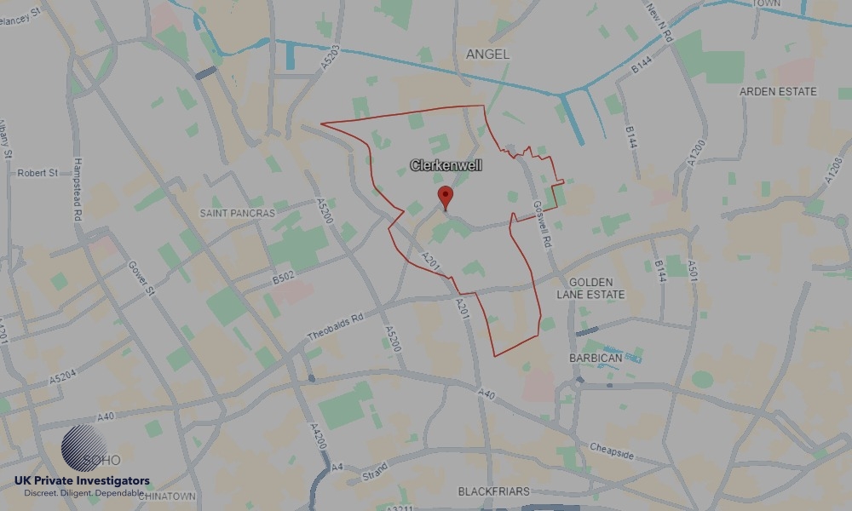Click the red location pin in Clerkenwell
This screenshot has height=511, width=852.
click(445, 197)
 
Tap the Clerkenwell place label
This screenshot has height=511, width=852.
click(446, 165)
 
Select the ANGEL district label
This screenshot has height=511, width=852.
click(488, 54)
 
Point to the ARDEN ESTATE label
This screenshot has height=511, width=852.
click(778, 91)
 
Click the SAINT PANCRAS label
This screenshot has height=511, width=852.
click(238, 213)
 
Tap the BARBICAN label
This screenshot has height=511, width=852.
click(596, 359)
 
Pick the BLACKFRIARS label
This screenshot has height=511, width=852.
click(493, 491)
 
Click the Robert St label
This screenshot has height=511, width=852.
click(37, 173)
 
